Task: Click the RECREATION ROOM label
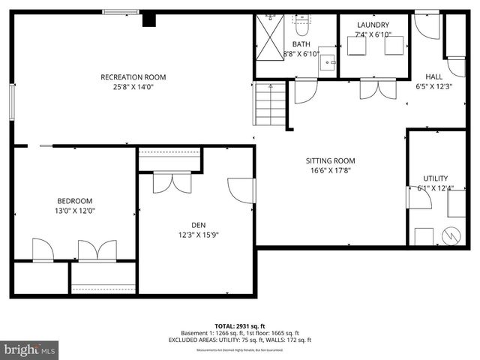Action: (x=133, y=77)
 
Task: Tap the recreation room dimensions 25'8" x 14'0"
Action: (x=133, y=87)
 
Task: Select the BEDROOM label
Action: (x=75, y=200)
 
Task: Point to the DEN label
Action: (x=198, y=223)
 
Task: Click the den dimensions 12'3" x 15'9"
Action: (x=198, y=234)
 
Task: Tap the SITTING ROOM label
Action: (x=330, y=160)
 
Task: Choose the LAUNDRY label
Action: (x=373, y=25)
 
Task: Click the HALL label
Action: (x=433, y=76)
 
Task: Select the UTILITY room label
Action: (x=435, y=178)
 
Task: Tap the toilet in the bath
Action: (x=302, y=26)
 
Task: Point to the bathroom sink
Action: (x=327, y=61)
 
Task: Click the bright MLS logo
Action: (x=30, y=349)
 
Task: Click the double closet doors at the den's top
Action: (x=171, y=182)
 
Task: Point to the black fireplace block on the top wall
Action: (x=148, y=19)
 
